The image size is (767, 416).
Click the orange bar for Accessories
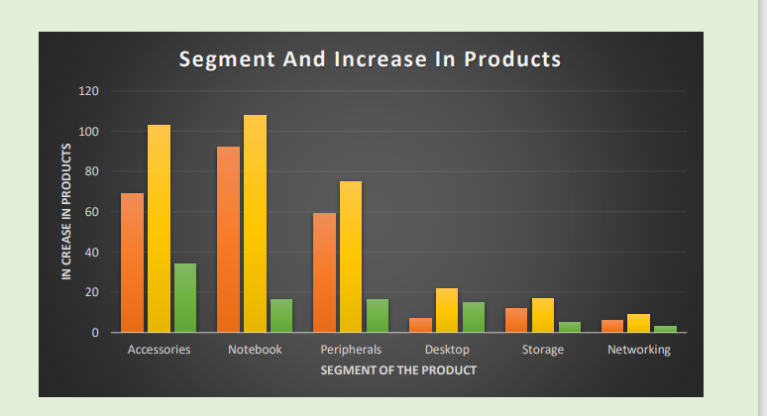[132, 262]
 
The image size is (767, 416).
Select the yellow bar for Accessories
[159, 229]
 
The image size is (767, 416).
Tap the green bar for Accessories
[185, 298]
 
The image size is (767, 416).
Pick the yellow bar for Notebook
[255, 224]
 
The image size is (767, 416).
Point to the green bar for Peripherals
[378, 316]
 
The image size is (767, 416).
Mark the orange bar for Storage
[516, 321]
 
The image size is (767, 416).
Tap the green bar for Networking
[666, 329]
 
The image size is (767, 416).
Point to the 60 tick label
[92, 212]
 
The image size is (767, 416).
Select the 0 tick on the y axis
[95, 333]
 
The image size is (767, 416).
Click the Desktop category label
[447, 350]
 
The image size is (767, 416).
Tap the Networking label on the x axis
[639, 350]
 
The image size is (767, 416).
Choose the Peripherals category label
[351, 350]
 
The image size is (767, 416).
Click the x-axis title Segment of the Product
[398, 370]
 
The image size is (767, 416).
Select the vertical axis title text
[66, 212]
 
